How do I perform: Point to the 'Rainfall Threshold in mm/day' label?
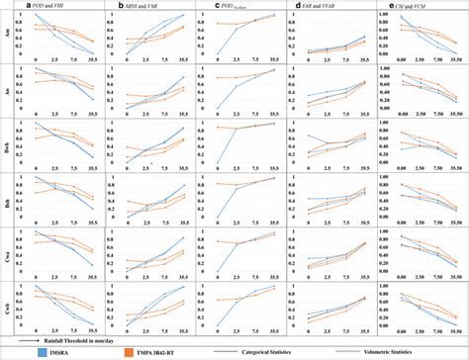75,336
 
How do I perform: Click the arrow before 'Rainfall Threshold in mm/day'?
25,336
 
